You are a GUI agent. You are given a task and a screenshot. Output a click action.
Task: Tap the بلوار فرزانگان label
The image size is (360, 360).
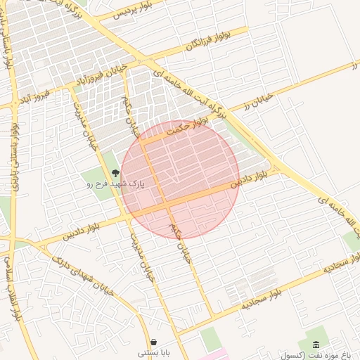click(x=208, y=40)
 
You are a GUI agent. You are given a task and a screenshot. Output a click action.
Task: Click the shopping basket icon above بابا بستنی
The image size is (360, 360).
click(x=153, y=341)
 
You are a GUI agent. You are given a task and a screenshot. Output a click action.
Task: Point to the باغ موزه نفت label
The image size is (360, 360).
click(x=331, y=354)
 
